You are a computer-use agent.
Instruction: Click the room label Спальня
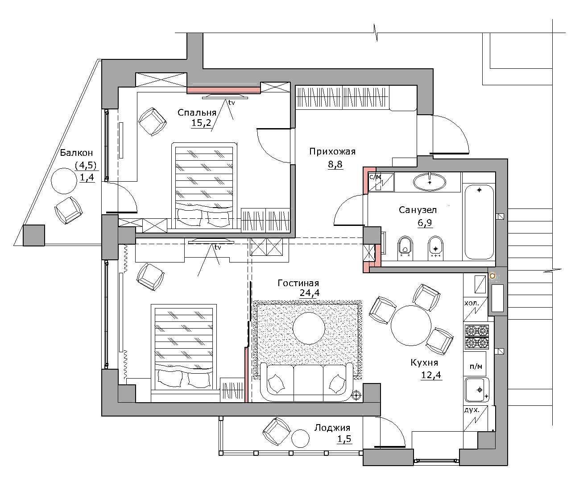point(197,112)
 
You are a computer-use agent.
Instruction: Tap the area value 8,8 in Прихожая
point(335,164)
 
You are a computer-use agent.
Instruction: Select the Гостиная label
point(298,283)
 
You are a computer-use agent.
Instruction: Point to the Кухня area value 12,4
point(431,375)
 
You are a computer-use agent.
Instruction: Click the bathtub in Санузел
point(479,222)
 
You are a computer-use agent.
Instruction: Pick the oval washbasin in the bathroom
point(430,182)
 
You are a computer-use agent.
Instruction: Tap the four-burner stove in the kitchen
point(476,337)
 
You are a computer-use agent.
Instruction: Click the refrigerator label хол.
point(472,303)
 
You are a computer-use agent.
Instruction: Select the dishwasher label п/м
point(476,366)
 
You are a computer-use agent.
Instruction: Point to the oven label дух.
point(472,410)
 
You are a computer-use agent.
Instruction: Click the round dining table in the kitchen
point(411,325)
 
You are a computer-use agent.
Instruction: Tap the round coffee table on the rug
point(309,328)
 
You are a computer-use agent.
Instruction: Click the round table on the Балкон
point(64,181)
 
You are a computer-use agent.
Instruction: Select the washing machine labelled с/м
point(381,182)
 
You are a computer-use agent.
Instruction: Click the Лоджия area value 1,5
point(344,439)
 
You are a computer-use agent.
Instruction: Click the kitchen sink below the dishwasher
point(477,390)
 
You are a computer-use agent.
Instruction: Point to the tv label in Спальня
point(232,103)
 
